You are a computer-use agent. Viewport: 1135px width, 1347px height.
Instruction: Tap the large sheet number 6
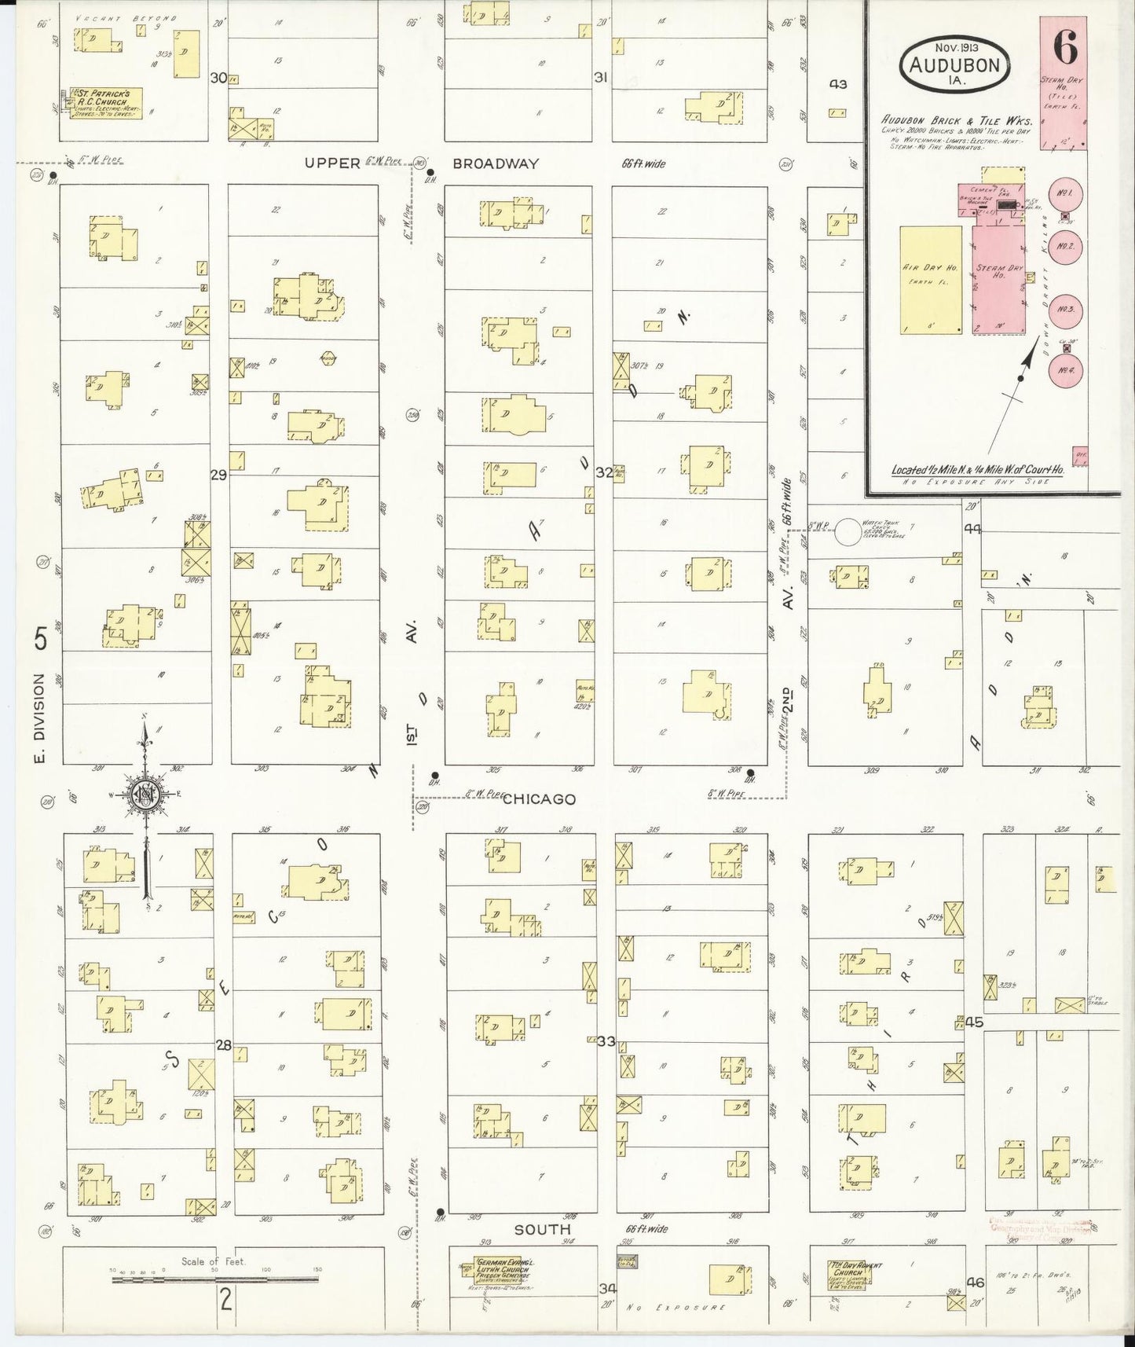pyautogui.click(x=1065, y=48)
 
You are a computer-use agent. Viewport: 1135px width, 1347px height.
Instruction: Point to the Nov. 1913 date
pyautogui.click(x=955, y=46)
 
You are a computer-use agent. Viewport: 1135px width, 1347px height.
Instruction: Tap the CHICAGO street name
pyautogui.click(x=539, y=799)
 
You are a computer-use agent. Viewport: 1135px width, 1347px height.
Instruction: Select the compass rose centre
pyautogui.click(x=145, y=794)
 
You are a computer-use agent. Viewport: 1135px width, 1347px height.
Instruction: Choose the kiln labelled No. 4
pyautogui.click(x=1066, y=369)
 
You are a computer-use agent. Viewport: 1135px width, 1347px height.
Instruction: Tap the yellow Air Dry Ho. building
pyautogui.click(x=931, y=280)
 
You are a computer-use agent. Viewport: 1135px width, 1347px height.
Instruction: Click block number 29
pyautogui.click(x=218, y=474)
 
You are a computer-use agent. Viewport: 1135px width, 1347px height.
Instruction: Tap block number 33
pyautogui.click(x=606, y=1041)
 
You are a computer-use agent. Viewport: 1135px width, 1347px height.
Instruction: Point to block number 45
pyautogui.click(x=974, y=1022)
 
